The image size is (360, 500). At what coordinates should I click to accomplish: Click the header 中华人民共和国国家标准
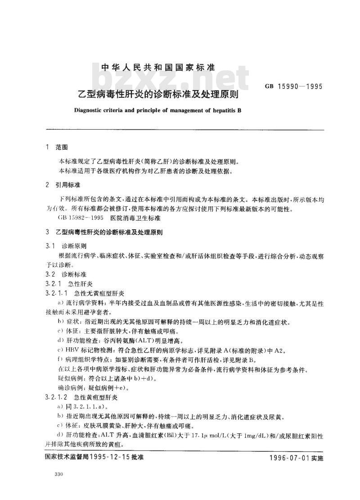158,68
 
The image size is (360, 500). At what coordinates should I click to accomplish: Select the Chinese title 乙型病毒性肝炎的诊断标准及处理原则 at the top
158,95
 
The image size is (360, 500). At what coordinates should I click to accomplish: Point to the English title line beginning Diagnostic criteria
158,110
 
